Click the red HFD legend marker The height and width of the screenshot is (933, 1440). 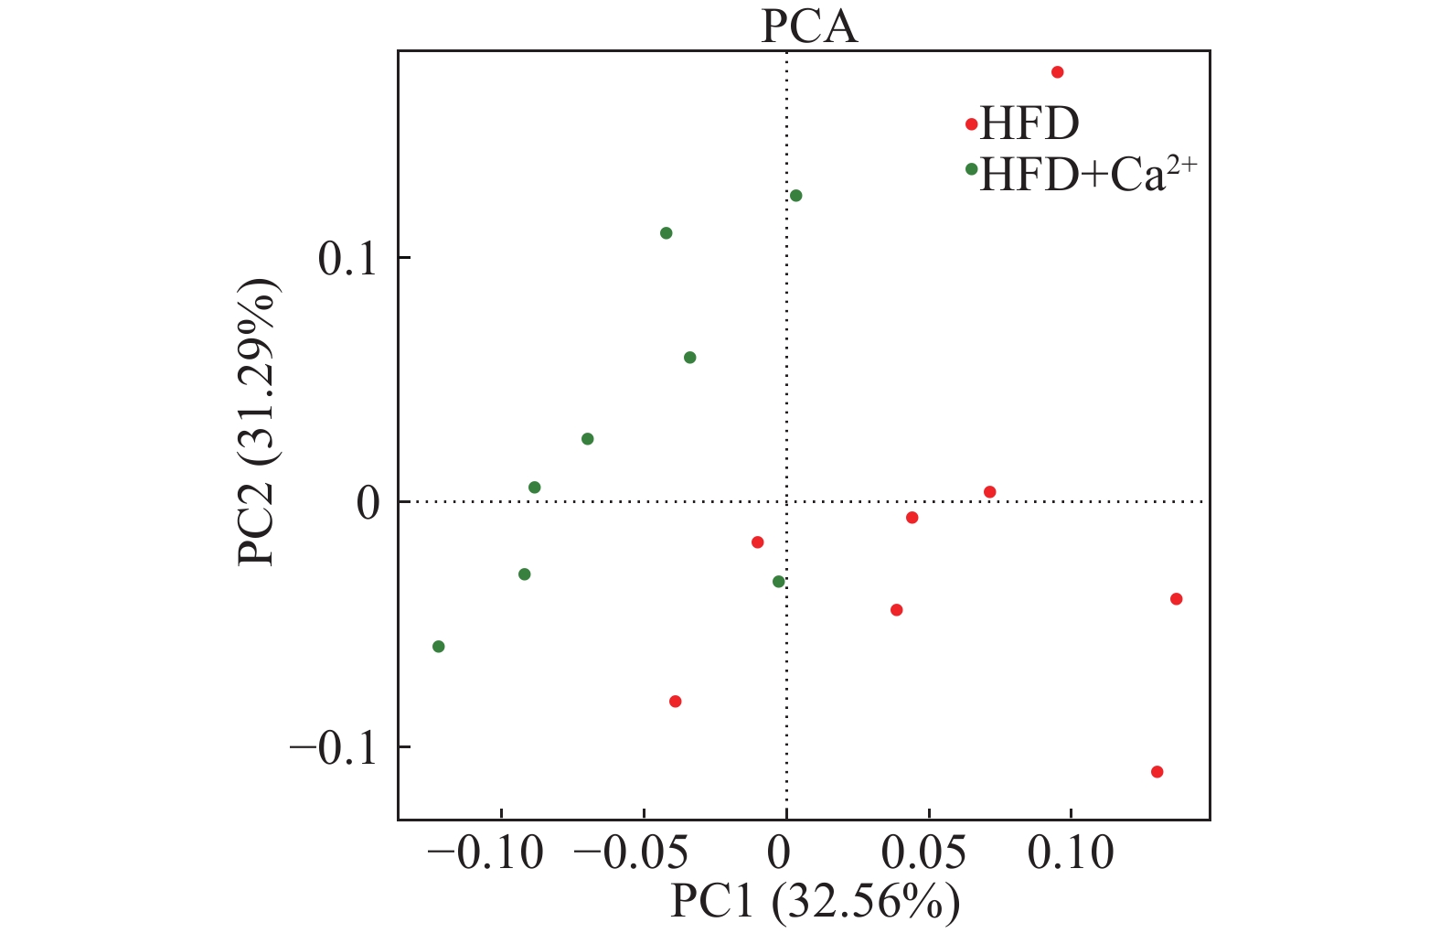(971, 124)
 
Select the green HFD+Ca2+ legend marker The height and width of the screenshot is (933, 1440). (971, 169)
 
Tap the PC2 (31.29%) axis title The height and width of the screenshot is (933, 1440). (257, 423)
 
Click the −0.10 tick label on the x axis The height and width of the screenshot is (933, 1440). (485, 853)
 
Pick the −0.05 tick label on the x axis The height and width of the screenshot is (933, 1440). (631, 853)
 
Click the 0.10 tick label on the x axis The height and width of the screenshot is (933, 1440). (1071, 853)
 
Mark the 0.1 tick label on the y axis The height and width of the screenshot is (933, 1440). (348, 259)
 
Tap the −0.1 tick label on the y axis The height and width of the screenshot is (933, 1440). (335, 747)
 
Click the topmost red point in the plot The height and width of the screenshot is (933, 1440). (1058, 72)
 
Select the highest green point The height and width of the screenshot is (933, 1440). (796, 196)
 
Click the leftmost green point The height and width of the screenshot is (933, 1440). (439, 647)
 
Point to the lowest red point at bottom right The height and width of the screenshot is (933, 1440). (1157, 772)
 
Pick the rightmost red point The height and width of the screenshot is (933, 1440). (1177, 599)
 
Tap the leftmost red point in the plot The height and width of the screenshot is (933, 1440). (676, 702)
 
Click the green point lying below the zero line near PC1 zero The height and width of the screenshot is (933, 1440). (779, 582)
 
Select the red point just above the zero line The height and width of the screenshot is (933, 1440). (990, 492)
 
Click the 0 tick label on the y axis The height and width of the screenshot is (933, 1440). (368, 502)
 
